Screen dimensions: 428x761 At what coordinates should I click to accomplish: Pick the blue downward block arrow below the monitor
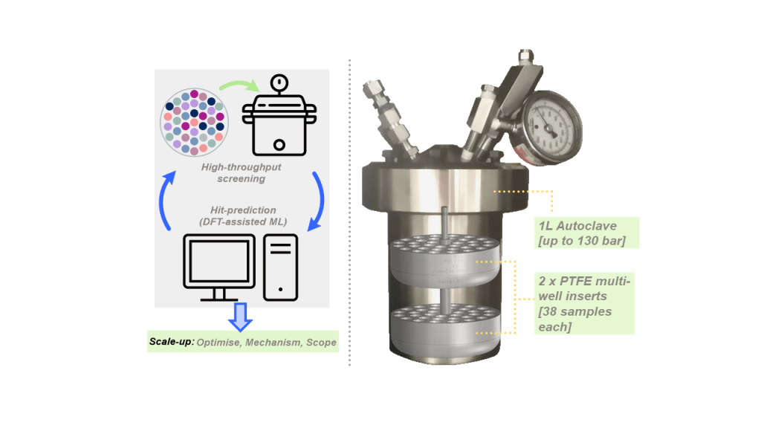[x=240, y=315]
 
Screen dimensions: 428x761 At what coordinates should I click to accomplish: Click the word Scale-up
[x=172, y=343]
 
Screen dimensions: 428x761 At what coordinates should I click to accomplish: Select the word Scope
[x=320, y=343]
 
